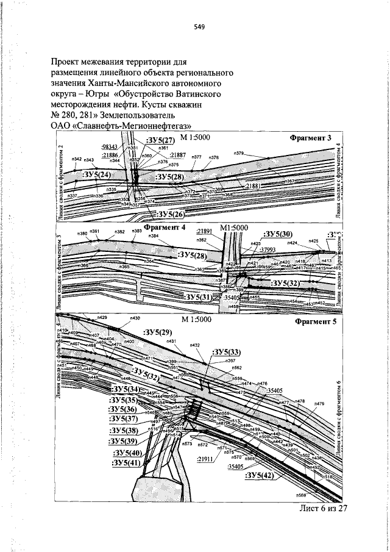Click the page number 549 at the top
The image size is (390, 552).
(x=199, y=27)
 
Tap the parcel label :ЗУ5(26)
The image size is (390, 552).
(x=171, y=214)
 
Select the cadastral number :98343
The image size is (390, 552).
(x=110, y=148)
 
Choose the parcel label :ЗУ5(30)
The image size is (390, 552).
(x=277, y=235)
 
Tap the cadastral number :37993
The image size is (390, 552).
(x=268, y=249)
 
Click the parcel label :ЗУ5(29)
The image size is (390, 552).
(x=158, y=332)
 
